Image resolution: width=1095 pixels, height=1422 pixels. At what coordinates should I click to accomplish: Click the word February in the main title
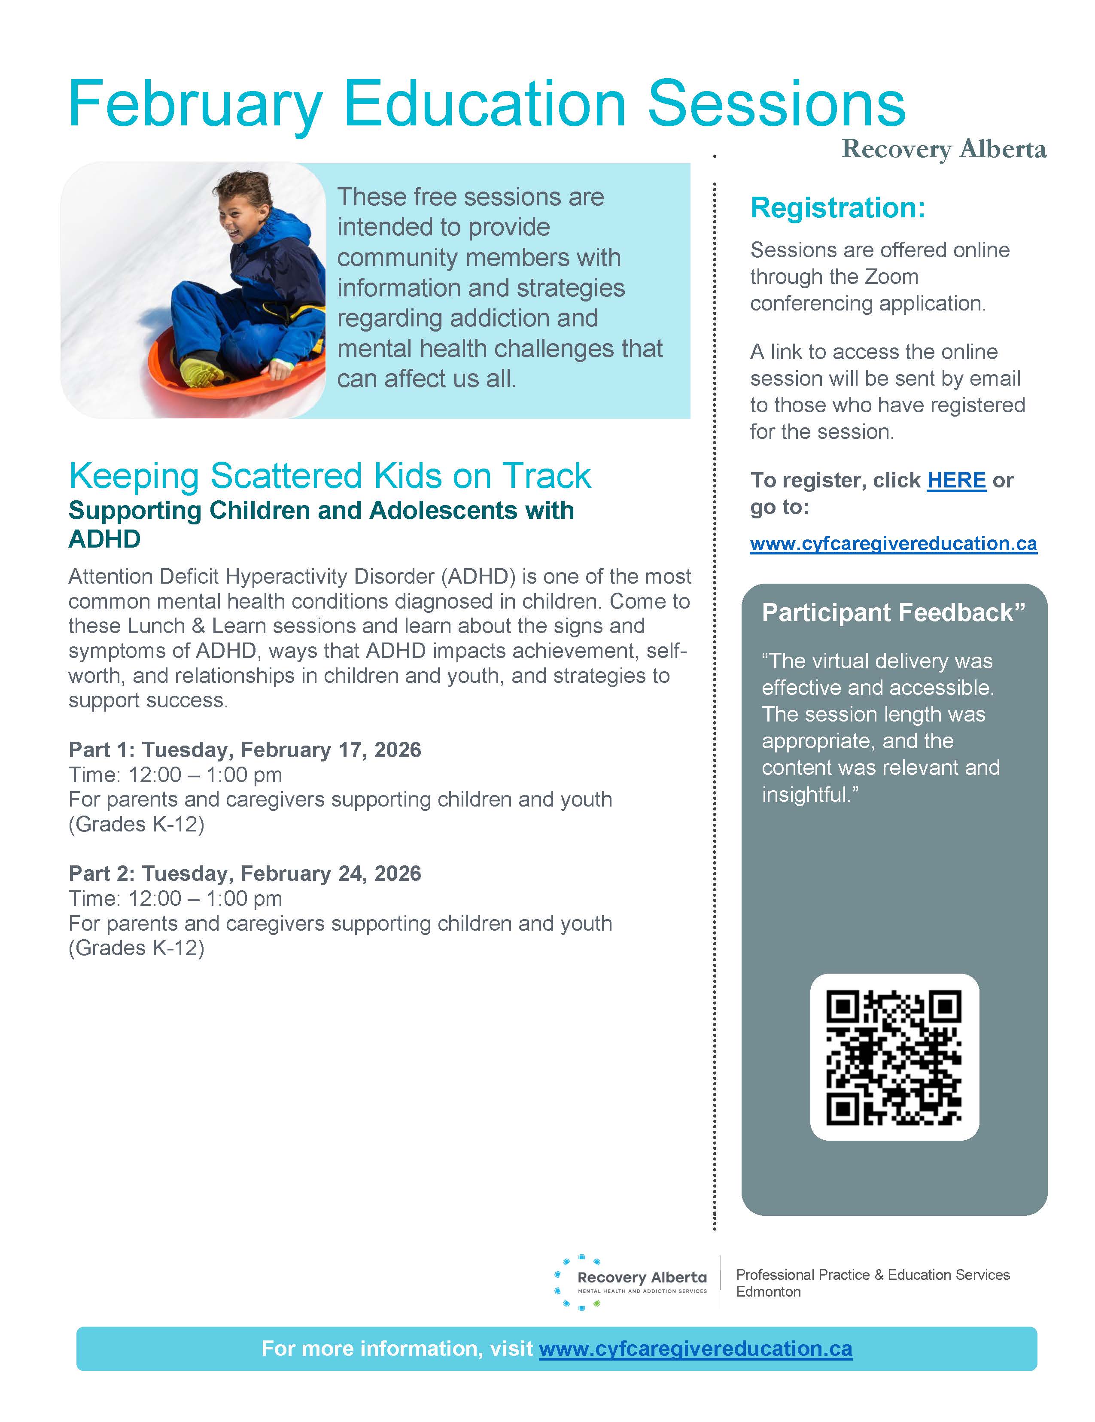point(195,104)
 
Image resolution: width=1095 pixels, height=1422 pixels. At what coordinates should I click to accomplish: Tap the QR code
point(894,1057)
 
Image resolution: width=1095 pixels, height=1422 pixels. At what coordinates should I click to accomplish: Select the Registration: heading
point(837,208)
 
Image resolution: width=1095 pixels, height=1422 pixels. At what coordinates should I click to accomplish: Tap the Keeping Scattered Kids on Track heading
point(329,475)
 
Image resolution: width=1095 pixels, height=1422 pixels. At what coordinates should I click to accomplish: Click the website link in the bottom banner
point(695,1349)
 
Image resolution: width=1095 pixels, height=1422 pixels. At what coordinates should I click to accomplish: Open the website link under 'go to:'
point(893,544)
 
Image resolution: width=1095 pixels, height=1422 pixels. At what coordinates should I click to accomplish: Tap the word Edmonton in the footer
point(768,1292)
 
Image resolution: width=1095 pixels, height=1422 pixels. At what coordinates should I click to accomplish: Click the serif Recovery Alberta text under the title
point(943,149)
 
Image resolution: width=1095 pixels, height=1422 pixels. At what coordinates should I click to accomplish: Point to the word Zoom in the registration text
point(890,277)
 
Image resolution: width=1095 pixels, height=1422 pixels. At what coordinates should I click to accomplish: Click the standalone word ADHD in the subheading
point(105,539)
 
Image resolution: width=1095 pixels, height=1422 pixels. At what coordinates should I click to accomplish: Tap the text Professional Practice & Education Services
point(873,1275)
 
